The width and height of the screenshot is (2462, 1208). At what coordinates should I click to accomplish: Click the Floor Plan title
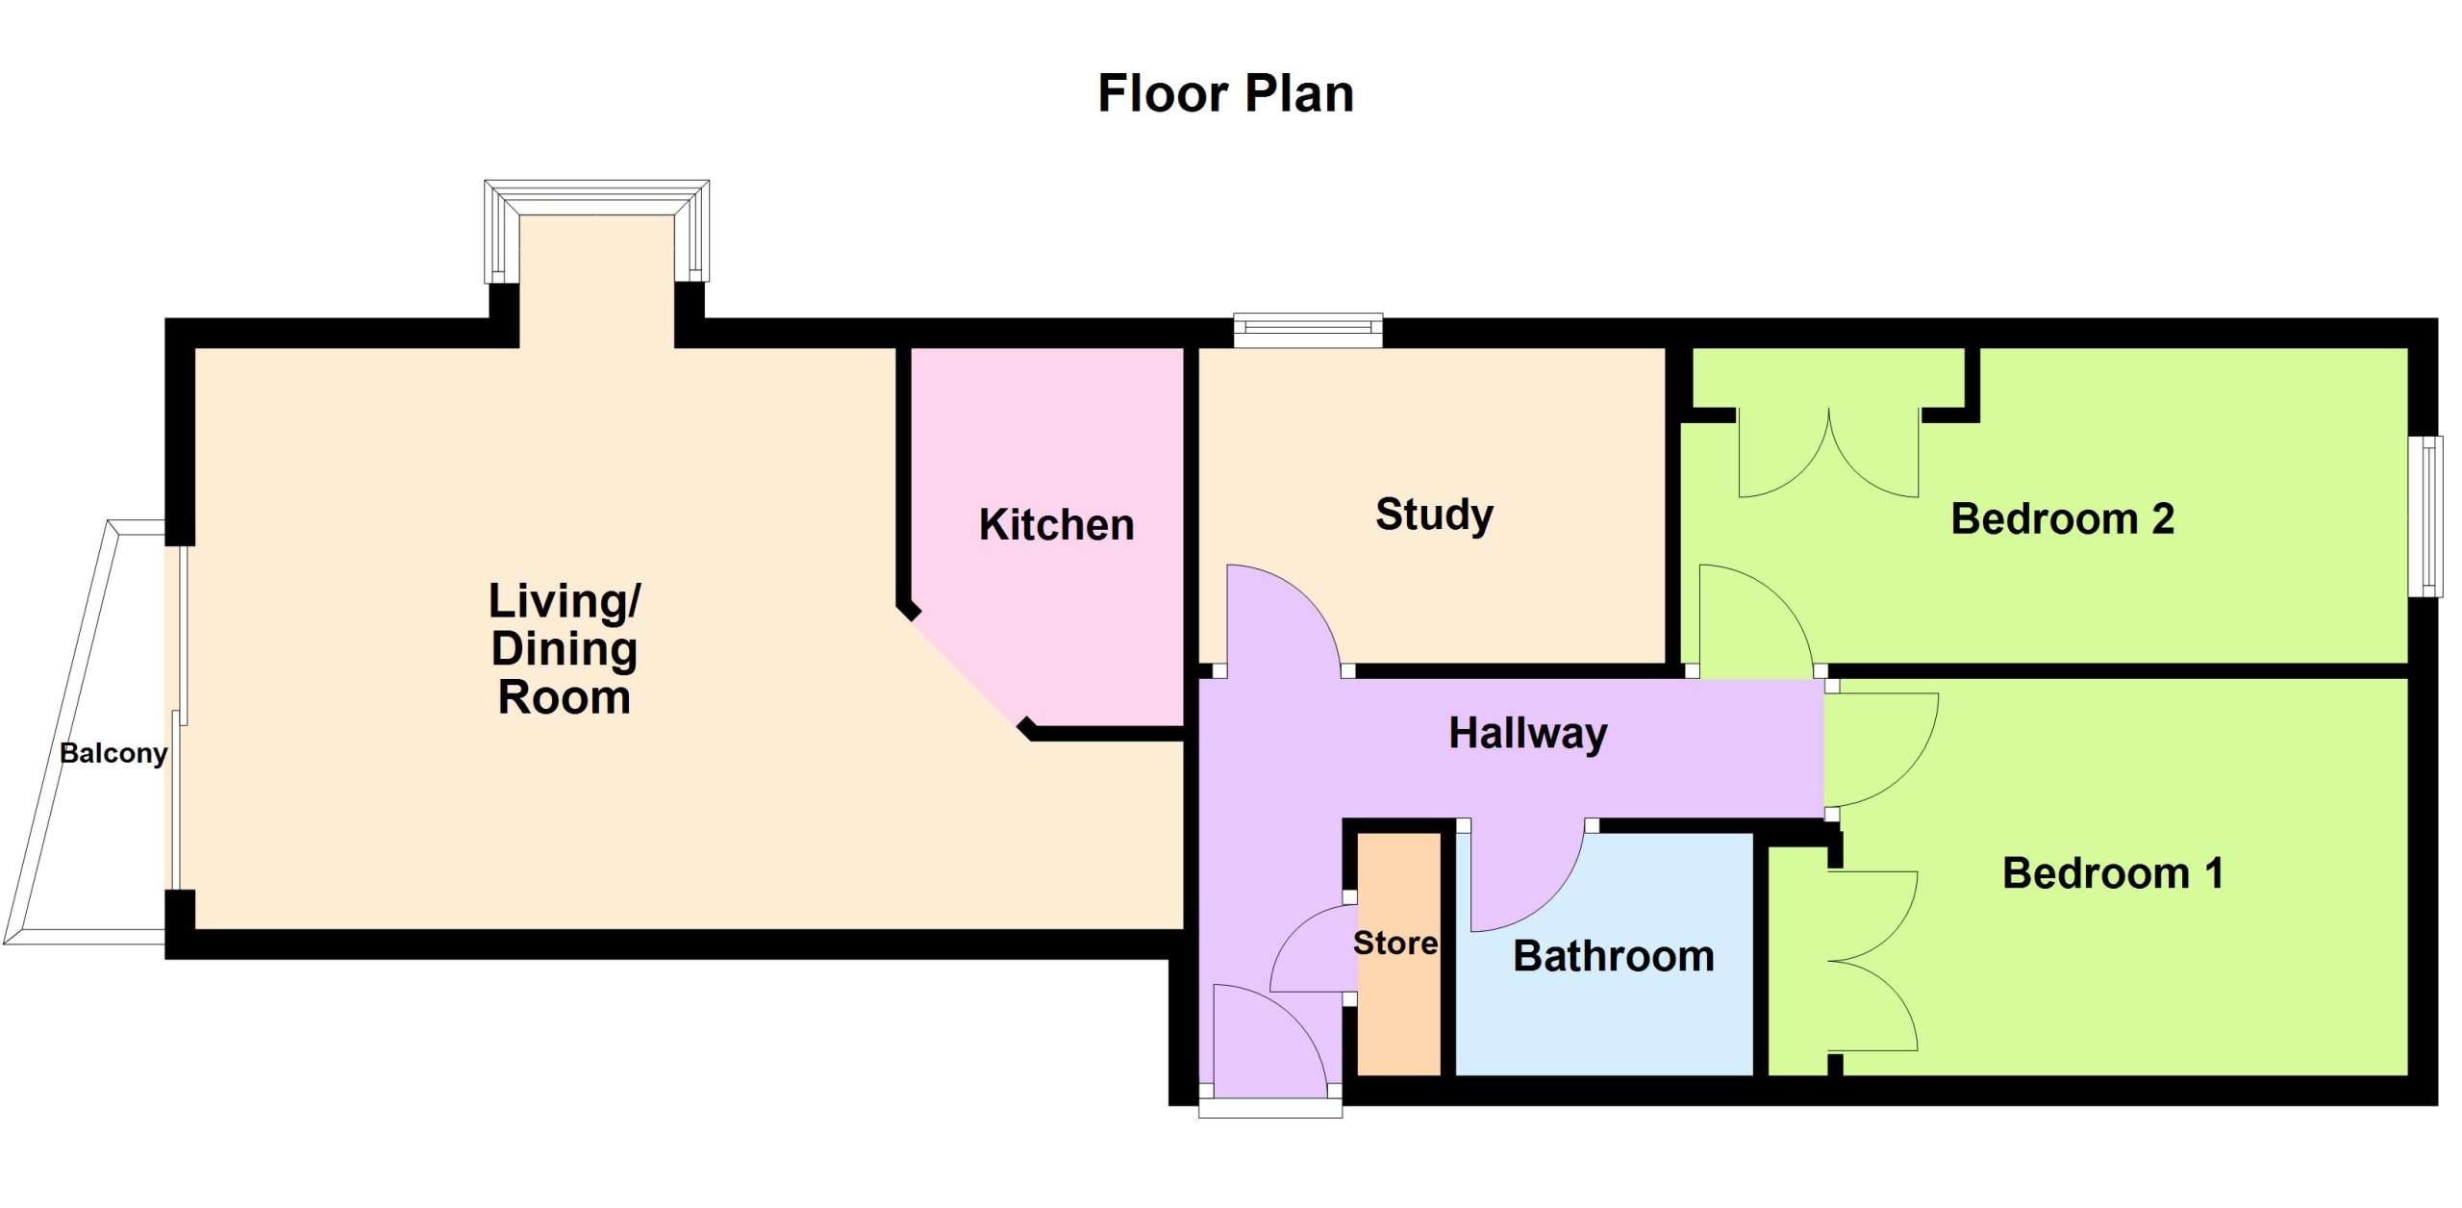[1225, 94]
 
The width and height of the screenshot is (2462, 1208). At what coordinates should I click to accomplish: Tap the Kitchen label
[1056, 525]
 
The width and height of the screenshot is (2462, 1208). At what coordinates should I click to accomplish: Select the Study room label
[1434, 516]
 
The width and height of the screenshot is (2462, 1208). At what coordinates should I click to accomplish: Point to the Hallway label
[1527, 734]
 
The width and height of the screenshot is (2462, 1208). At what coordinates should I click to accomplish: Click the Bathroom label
[1613, 956]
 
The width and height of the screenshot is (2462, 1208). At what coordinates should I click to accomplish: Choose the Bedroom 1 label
[2112, 873]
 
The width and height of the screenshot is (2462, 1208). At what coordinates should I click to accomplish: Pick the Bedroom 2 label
[2062, 518]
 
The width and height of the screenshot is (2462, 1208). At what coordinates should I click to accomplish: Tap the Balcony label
[113, 753]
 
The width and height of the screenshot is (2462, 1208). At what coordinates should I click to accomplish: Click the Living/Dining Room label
[564, 648]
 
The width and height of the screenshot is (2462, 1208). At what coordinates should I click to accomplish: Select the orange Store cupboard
[1398, 953]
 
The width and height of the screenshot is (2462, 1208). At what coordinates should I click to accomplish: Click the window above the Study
[1308, 330]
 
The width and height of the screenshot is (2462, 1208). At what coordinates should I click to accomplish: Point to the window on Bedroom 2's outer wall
[2430, 516]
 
